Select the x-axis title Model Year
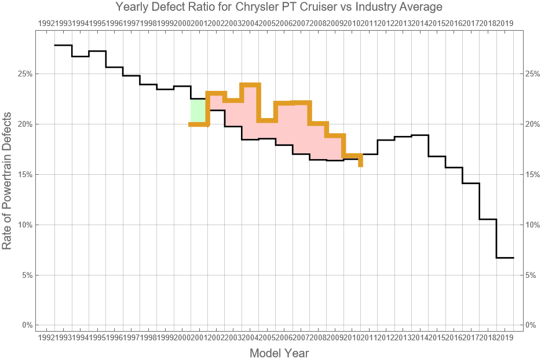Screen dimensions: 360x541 click(x=279, y=353)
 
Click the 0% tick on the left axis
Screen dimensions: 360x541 click(x=26, y=325)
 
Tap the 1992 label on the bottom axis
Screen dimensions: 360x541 click(x=46, y=337)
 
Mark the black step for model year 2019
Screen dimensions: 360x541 click(x=505, y=258)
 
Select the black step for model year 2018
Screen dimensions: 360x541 click(x=488, y=219)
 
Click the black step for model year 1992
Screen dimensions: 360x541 click(x=63, y=45)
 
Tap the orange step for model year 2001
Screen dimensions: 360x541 click(x=199, y=124)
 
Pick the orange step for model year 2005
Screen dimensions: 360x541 click(x=267, y=120)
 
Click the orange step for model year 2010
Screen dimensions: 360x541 click(x=352, y=156)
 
